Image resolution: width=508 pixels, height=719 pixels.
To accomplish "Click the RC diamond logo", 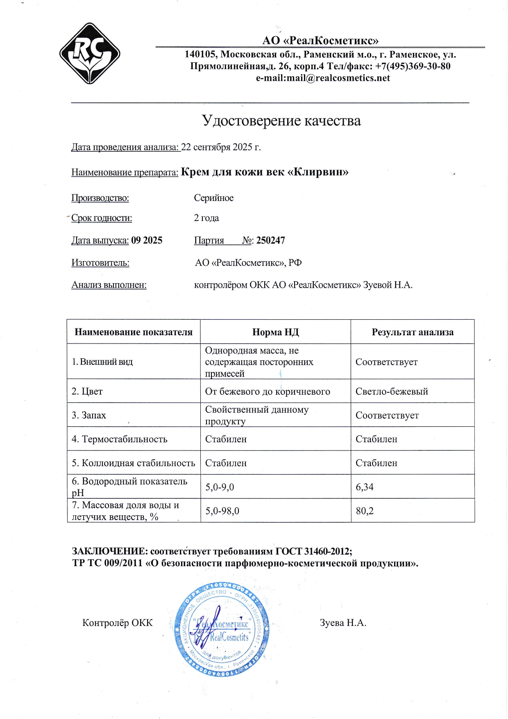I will [90, 54].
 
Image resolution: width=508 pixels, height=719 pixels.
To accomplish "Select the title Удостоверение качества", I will [281, 121].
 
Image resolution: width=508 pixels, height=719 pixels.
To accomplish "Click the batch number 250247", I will [270, 240].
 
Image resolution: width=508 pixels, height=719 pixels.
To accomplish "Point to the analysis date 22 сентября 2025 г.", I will [221, 147].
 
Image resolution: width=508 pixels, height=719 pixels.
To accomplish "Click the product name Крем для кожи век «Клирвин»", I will [265, 172].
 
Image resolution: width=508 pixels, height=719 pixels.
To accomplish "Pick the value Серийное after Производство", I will [213, 198].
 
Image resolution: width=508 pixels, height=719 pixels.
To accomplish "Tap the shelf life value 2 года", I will [206, 218].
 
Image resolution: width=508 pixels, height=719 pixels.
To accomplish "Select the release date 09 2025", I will [147, 240].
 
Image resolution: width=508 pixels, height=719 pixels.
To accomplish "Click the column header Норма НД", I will [275, 332].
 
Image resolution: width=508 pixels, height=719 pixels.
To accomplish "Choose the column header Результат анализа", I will [413, 332].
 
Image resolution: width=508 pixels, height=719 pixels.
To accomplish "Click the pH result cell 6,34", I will [365, 487].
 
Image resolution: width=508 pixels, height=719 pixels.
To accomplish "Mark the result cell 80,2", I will [365, 511].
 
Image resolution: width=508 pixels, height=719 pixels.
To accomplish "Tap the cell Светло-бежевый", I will [392, 391].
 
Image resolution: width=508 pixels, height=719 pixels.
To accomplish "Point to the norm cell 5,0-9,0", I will [220, 487].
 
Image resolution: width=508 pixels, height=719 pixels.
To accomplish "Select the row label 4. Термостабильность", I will [119, 439].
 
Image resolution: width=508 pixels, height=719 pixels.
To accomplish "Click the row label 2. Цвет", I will [87, 391].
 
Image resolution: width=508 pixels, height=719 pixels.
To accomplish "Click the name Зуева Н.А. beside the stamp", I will [343, 623].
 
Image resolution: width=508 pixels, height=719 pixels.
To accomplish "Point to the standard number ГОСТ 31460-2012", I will [313, 551].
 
